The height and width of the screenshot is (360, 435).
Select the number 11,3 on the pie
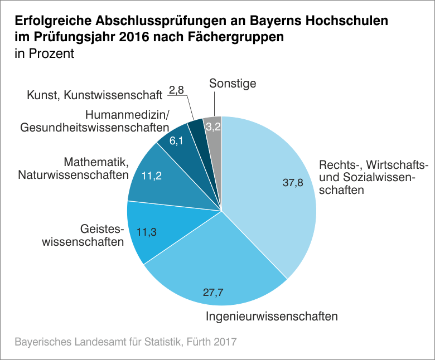click(147, 233)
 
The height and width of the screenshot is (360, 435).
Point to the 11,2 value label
click(151, 176)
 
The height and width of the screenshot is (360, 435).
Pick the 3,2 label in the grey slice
click(213, 127)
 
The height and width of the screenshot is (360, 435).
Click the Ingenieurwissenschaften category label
click(272, 317)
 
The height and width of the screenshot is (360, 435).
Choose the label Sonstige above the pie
click(233, 84)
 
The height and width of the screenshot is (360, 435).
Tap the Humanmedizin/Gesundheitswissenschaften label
click(94, 121)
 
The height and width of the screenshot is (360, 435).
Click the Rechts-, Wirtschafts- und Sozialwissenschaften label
click(373, 178)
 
